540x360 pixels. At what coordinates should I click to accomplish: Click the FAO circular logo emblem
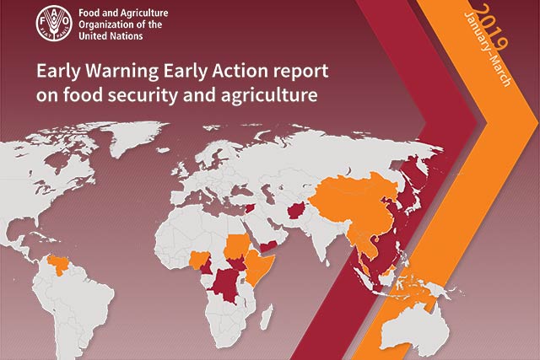(x=54, y=23)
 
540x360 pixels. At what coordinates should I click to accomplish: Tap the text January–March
(x=488, y=49)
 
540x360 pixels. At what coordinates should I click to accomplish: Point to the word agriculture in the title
(x=269, y=95)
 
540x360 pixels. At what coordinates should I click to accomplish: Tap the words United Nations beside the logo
(x=111, y=35)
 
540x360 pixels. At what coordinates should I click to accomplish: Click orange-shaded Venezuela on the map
(x=58, y=264)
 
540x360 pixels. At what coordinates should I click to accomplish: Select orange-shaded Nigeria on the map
(x=200, y=260)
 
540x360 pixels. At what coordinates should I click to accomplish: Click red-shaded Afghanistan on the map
(x=296, y=211)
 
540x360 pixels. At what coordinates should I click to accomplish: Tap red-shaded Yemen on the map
(x=270, y=245)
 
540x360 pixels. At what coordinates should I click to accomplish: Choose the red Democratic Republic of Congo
(x=226, y=284)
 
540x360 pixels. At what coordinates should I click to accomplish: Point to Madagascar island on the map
(x=266, y=316)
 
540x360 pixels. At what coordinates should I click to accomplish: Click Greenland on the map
(x=136, y=137)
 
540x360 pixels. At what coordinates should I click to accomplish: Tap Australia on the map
(x=414, y=327)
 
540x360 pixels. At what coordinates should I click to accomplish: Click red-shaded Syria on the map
(x=251, y=208)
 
